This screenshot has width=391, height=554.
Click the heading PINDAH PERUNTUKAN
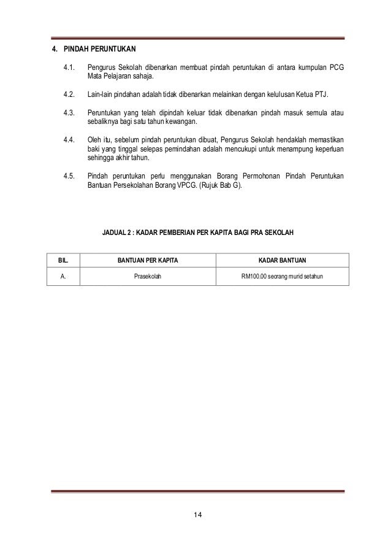coord(99,48)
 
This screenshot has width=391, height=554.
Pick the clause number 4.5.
coord(69,177)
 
